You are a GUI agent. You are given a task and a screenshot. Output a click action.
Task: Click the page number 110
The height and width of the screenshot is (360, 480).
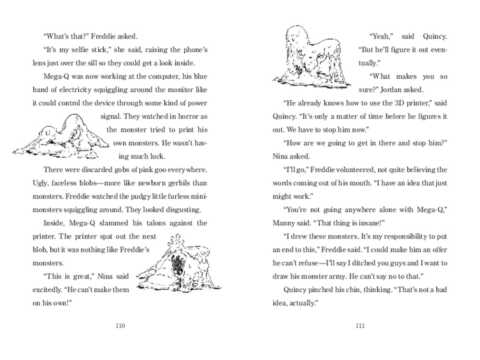120,326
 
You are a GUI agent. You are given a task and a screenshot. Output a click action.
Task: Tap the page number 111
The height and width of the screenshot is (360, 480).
360,326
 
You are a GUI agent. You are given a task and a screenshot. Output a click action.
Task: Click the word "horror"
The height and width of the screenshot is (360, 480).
185,116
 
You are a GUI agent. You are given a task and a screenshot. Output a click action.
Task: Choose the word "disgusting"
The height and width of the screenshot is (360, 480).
183,210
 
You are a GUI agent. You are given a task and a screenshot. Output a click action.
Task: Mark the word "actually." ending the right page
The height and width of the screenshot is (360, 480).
301,303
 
